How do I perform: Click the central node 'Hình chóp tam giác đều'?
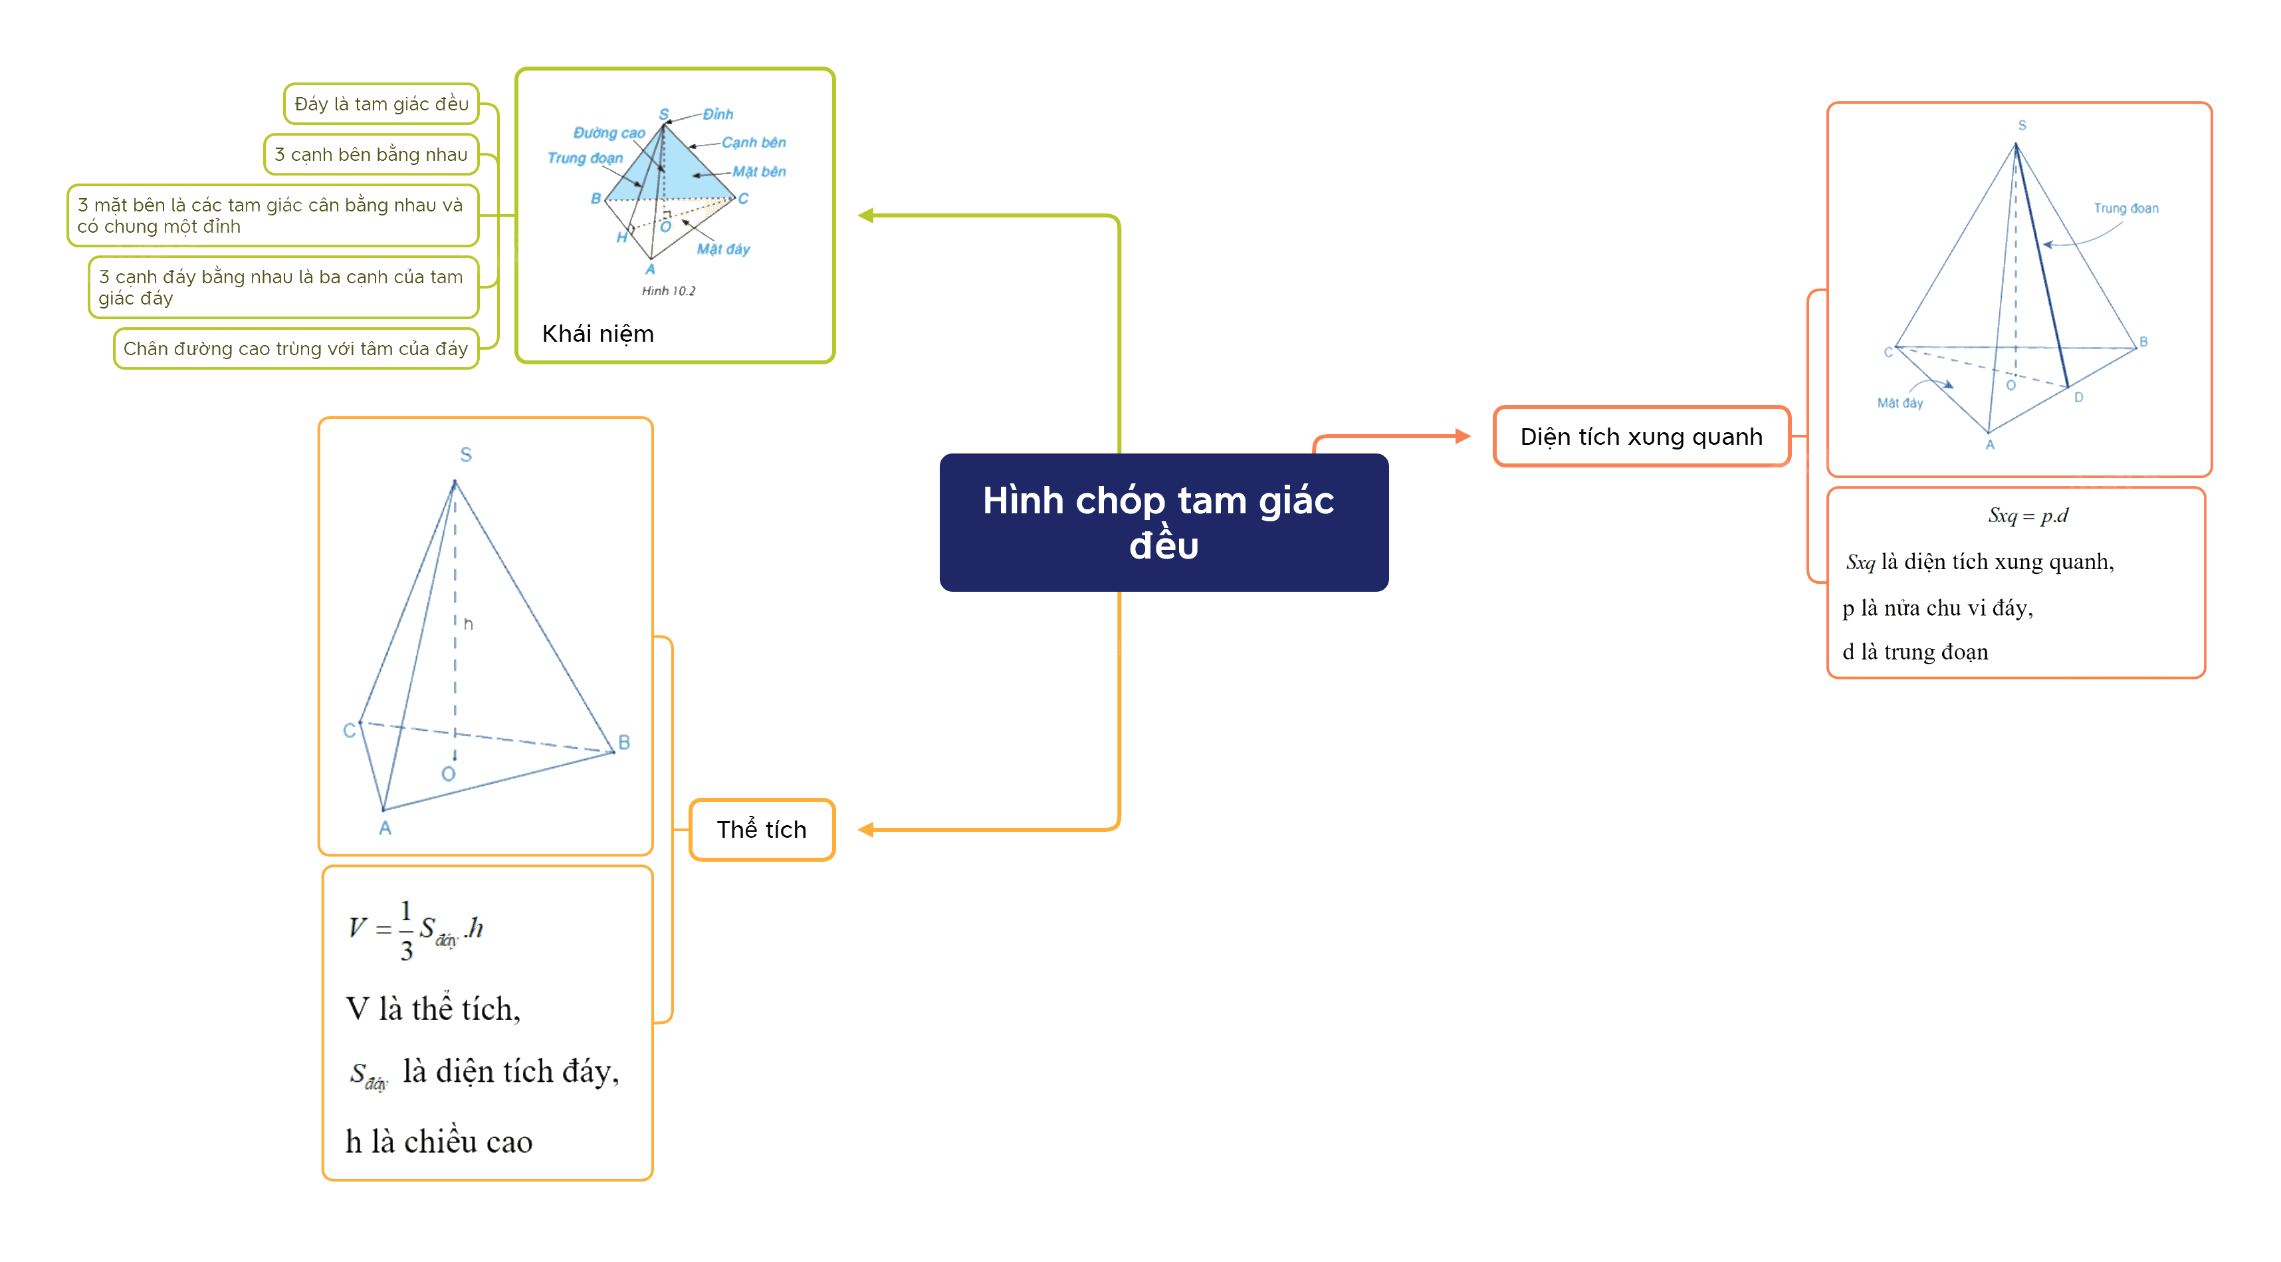click(1164, 523)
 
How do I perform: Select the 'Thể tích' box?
click(762, 830)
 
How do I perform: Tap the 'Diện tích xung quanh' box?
click(1642, 437)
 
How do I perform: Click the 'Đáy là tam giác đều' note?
click(381, 104)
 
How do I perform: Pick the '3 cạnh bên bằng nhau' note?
click(371, 155)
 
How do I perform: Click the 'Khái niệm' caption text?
click(597, 334)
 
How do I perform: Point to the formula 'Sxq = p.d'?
click(2028, 515)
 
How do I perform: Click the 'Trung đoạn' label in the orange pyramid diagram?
click(2125, 208)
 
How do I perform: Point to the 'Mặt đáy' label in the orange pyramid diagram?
click(1900, 403)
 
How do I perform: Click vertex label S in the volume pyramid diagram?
click(466, 454)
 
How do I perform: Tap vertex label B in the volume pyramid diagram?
click(624, 742)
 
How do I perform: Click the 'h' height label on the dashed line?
click(469, 624)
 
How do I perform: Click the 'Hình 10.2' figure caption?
click(669, 291)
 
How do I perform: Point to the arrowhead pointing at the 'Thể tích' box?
click(866, 830)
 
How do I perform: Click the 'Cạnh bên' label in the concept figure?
click(754, 142)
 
